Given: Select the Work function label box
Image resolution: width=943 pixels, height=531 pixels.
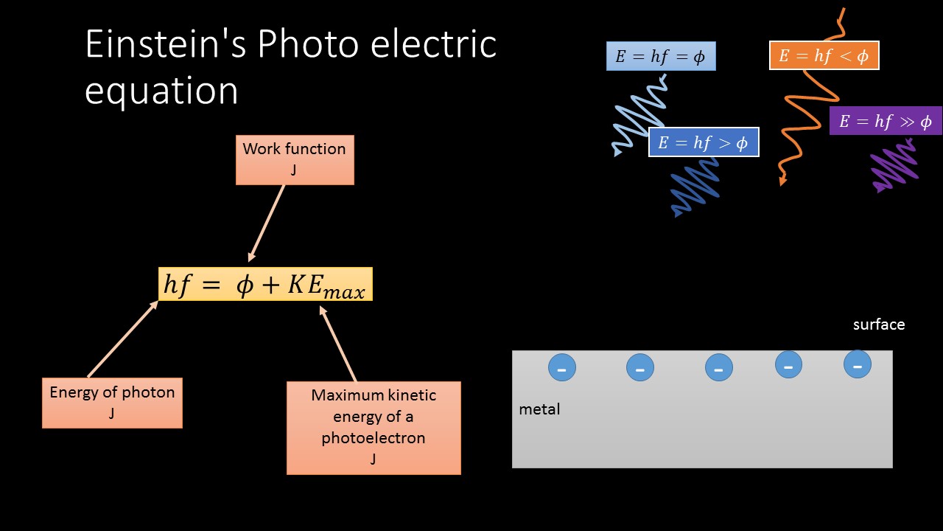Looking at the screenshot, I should click(295, 159).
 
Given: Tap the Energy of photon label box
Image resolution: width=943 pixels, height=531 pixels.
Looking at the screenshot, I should click(112, 403).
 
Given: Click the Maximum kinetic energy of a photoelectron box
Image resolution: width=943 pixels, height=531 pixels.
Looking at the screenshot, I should click(374, 427).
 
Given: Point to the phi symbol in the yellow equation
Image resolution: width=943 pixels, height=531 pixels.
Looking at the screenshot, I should click(245, 285).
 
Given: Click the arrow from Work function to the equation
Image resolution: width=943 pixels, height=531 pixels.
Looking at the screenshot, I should click(267, 222).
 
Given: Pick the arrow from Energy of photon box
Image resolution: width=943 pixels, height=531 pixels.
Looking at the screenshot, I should click(122, 339).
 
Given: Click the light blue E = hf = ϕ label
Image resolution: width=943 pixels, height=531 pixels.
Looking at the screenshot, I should click(661, 57).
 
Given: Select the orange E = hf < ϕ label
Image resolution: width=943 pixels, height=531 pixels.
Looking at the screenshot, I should click(824, 56).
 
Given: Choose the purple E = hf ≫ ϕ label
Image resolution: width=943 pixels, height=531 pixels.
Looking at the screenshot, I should click(886, 121).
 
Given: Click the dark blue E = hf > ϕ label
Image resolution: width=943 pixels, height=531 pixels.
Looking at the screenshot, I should click(703, 142).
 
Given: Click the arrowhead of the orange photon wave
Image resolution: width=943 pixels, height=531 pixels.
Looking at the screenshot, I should click(783, 181).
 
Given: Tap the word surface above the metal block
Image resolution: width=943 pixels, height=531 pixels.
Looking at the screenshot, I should click(878, 324).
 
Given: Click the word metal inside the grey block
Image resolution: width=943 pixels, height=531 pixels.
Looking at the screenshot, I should click(539, 409).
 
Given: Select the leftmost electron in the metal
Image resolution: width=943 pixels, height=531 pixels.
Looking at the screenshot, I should click(561, 367).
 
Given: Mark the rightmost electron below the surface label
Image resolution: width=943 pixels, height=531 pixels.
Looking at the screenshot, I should click(858, 364).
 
